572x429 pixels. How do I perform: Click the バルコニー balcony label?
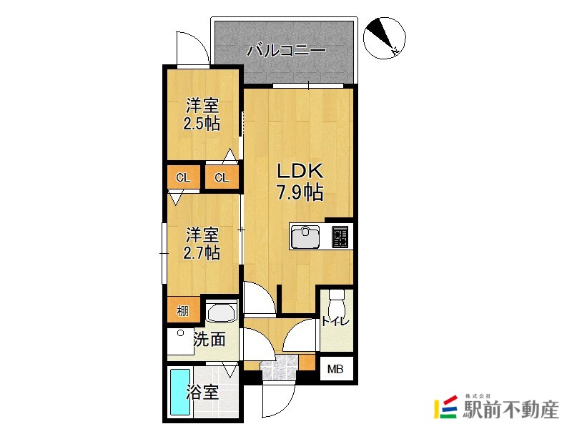click(286, 51)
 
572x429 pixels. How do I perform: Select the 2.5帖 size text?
click(201, 123)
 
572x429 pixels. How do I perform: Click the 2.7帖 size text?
click(202, 252)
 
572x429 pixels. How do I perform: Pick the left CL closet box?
click(184, 177)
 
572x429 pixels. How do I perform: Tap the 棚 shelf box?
click(183, 311)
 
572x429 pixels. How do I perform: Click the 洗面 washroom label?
click(209, 339)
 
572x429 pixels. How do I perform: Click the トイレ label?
click(335, 322)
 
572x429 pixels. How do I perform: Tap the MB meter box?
click(335, 370)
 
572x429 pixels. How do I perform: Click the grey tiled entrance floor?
click(279, 369)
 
